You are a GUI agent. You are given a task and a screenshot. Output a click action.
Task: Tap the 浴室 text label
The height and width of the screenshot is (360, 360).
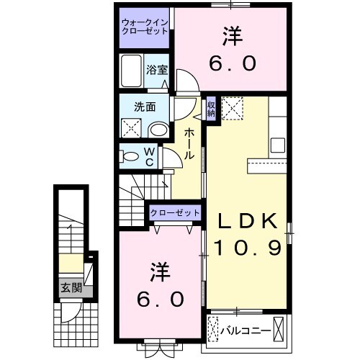(157, 70)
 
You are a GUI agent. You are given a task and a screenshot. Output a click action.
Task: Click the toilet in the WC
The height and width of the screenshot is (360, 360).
(130, 156)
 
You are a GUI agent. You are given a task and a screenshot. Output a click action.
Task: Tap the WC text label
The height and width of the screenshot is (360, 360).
(149, 156)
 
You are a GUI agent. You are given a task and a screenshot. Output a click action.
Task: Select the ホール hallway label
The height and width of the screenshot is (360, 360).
(188, 144)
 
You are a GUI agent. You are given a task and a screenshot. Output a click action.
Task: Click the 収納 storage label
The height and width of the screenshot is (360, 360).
(211, 109)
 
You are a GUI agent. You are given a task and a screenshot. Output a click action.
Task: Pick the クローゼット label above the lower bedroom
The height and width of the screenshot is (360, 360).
(175, 212)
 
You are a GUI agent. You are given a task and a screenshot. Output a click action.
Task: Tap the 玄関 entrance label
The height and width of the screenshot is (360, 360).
(70, 288)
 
